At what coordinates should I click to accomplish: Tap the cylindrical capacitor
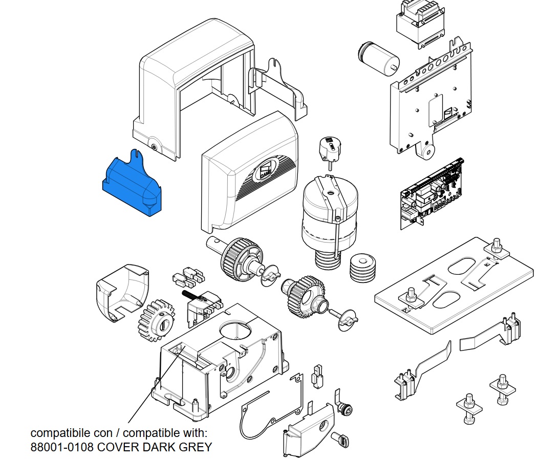coord(379,57)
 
